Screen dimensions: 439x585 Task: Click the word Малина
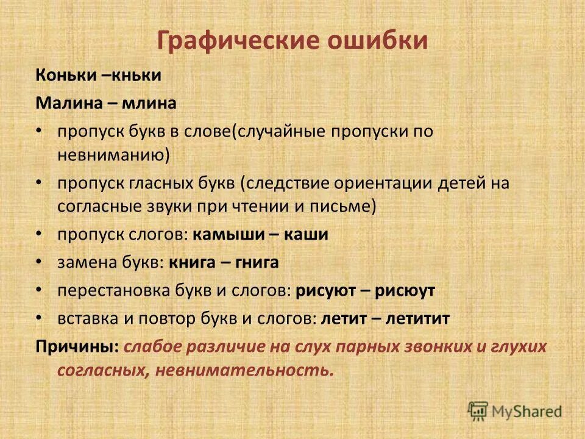61,104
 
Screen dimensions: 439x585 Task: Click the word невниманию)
113,155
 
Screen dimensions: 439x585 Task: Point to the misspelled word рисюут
405,291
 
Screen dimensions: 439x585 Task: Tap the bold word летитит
420,319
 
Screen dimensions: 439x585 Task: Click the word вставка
82,319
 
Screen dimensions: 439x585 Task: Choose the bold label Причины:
77,347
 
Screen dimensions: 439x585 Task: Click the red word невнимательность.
244,370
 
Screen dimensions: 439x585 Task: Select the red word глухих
519,347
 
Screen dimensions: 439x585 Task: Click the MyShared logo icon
478,410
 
